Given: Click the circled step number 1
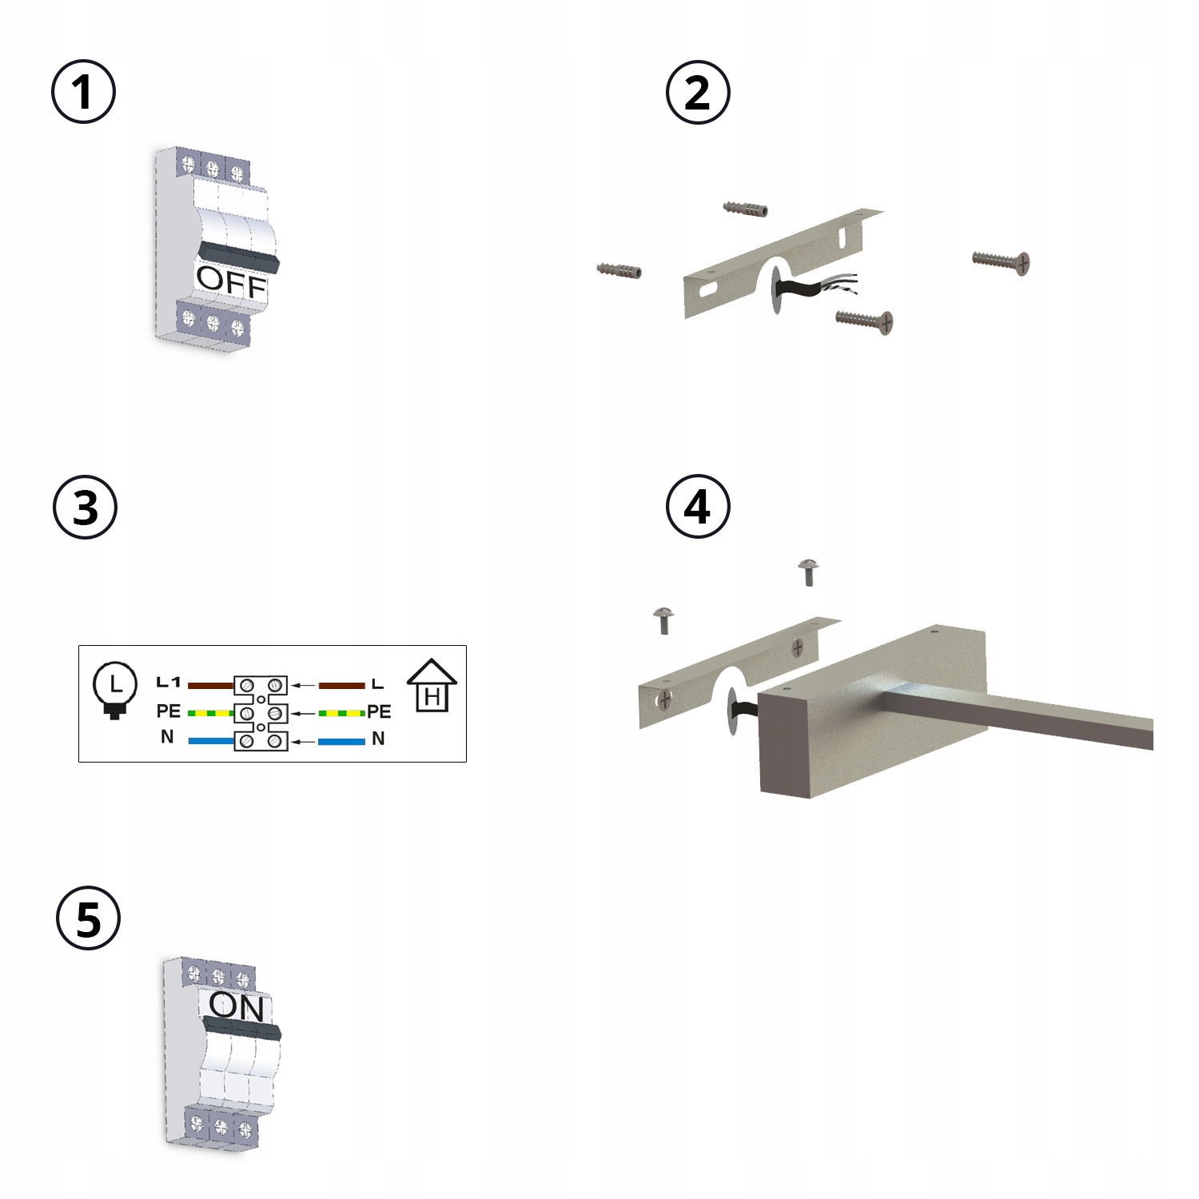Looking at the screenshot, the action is point(83,91).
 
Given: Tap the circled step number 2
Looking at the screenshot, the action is point(698,92).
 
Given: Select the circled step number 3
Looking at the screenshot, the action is point(85,507).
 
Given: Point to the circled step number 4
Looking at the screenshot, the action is point(698,506).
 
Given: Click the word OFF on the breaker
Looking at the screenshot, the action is point(232,282).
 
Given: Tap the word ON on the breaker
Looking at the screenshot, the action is point(237,1007).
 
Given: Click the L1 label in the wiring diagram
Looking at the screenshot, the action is point(169,682).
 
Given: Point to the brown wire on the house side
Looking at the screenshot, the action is point(342,685).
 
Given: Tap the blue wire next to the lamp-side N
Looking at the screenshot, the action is point(211,741).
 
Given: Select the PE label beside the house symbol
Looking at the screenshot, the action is point(379,711).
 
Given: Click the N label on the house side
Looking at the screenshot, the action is point(378,739).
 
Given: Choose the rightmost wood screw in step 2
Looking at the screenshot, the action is point(1001,261).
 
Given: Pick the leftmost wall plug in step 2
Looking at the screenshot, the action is point(619,270).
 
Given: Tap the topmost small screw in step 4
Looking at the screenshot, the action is point(809,572).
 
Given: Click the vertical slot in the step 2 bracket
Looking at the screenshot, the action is point(842,237).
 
